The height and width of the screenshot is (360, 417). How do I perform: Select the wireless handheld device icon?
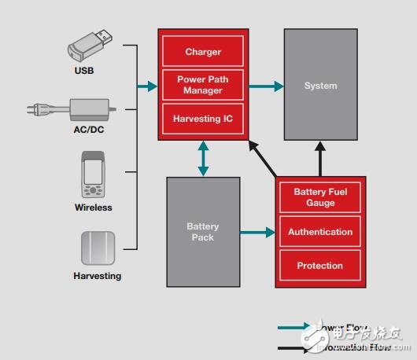click(x=93, y=176)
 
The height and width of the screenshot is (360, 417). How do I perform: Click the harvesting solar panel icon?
click(x=98, y=248)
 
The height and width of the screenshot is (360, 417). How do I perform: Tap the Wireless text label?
click(x=94, y=208)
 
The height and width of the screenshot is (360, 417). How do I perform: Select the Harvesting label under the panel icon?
click(x=98, y=276)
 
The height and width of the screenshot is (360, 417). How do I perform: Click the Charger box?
click(x=203, y=52)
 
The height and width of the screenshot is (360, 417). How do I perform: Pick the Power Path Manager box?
click(x=203, y=85)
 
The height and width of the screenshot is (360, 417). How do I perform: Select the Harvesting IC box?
click(x=203, y=119)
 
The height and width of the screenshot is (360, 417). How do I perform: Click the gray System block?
click(x=320, y=85)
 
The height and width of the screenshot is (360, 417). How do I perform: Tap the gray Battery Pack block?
click(x=203, y=231)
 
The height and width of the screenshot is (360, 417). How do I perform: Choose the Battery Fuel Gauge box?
click(x=320, y=197)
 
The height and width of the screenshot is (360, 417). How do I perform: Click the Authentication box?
click(x=320, y=232)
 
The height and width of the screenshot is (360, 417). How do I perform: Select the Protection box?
click(x=320, y=266)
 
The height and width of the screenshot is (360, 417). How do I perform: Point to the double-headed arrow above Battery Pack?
click(x=204, y=158)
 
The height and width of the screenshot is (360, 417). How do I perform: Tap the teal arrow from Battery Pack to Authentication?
click(x=258, y=232)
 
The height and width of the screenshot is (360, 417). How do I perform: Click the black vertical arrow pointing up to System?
click(x=320, y=159)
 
